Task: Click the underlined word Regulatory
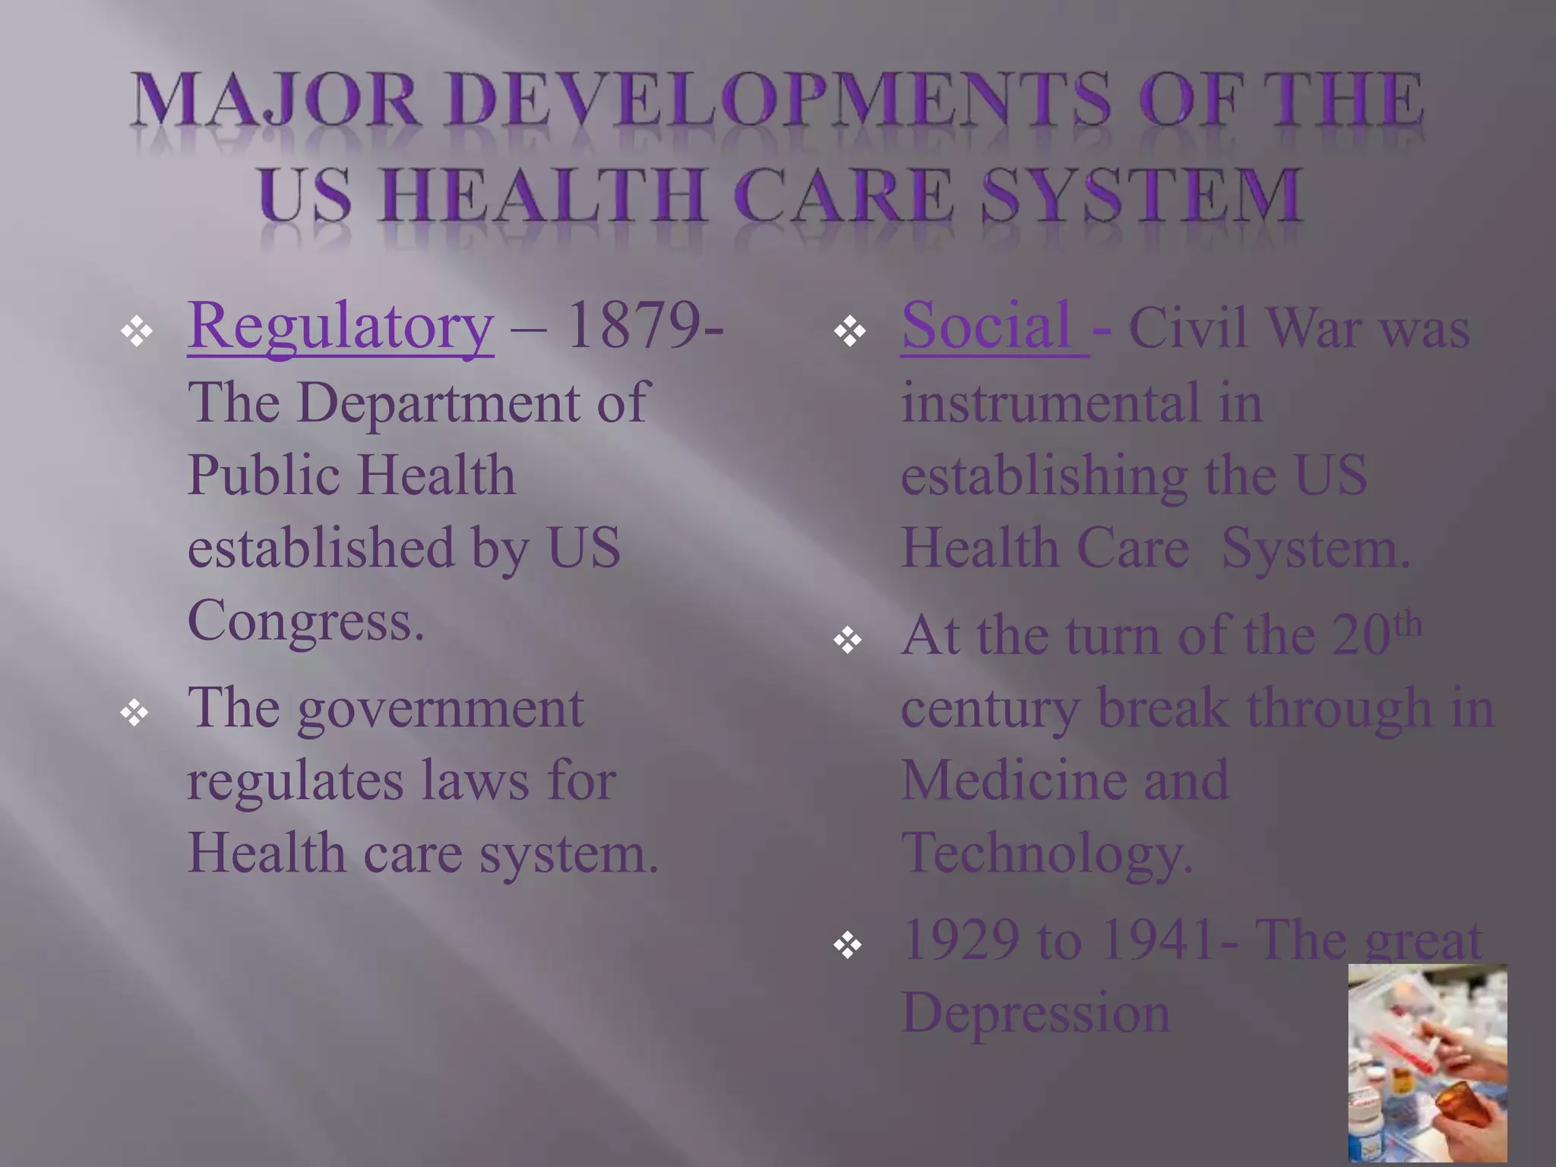coord(340,327)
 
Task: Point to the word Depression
coord(1035,1014)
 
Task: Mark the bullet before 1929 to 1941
coord(848,945)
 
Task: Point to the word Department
coord(438,403)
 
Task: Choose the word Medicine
coord(1014,781)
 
